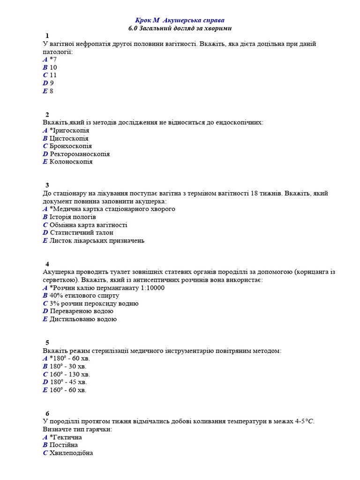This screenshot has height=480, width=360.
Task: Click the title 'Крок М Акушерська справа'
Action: pyautogui.click(x=180, y=20)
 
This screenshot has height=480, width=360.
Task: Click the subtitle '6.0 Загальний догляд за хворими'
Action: pyautogui.click(x=180, y=28)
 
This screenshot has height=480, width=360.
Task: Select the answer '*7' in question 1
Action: pyautogui.click(x=53, y=60)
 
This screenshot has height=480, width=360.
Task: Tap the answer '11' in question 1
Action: pyautogui.click(x=53, y=75)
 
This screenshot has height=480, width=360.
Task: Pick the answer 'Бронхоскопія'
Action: pyautogui.click(x=70, y=146)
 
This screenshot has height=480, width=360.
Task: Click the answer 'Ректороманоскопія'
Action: pyautogui.click(x=79, y=154)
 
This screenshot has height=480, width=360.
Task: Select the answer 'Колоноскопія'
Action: pyautogui.click(x=71, y=162)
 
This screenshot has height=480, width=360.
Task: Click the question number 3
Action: pyautogui.click(x=47, y=185)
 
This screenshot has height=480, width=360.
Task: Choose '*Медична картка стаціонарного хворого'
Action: pyautogui.click(x=112, y=209)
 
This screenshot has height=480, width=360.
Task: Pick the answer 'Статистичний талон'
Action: pyautogui.click(x=81, y=232)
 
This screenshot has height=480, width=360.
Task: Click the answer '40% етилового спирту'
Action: pyautogui.click(x=84, y=296)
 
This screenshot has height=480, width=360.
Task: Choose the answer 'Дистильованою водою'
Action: pyautogui.click(x=83, y=319)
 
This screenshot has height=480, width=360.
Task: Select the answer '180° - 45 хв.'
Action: pyautogui.click(x=68, y=382)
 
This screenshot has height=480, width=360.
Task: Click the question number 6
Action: pyautogui.click(x=47, y=413)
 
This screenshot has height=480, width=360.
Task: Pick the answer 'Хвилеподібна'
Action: pyautogui.click(x=71, y=453)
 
